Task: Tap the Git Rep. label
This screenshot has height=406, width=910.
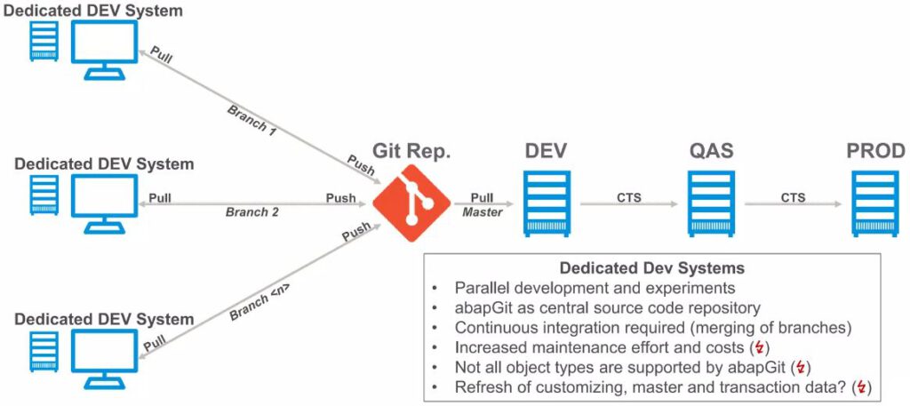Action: coord(411,151)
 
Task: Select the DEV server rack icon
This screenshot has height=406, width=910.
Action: coord(544,203)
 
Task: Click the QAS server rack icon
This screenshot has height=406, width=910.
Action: coord(709,203)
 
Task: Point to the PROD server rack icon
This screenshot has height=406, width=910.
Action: coord(875,203)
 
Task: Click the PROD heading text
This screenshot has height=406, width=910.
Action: coord(875,150)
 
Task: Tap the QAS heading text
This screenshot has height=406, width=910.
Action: coord(709,150)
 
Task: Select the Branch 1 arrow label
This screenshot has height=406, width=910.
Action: coord(252,120)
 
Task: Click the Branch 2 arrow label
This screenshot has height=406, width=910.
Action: coord(251,212)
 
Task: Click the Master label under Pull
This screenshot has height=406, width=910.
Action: coord(483,212)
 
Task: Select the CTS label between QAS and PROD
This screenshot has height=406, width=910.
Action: coord(793,197)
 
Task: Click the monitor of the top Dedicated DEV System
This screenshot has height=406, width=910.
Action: coord(104,48)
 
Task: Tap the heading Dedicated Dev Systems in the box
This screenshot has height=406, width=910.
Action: coord(651,267)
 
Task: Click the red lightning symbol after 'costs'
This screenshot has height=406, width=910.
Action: coord(758,347)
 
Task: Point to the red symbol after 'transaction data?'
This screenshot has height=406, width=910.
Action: coord(858,387)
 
